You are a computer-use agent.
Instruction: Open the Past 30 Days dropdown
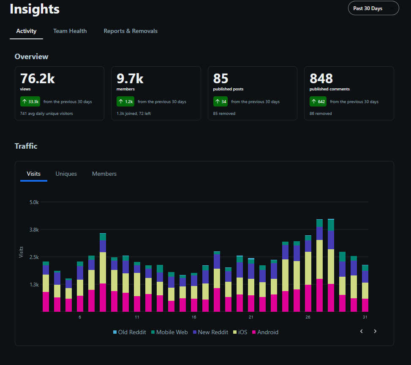(373, 8)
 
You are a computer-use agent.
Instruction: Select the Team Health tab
(70, 31)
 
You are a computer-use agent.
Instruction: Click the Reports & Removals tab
(131, 31)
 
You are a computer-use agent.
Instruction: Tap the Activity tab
(26, 31)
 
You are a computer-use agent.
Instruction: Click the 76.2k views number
(38, 79)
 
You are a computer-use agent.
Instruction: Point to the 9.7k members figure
(130, 79)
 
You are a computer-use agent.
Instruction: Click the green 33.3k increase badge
(30, 101)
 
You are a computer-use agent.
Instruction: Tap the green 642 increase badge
(319, 101)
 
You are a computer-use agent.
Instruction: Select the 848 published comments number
(321, 79)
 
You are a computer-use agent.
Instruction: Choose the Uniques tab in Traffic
(66, 174)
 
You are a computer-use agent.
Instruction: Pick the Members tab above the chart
(104, 174)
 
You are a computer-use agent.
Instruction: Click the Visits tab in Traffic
(34, 174)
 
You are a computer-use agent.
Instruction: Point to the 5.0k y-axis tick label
(34, 202)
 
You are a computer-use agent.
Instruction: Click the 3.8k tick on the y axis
(34, 229)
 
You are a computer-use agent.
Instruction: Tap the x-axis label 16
(194, 317)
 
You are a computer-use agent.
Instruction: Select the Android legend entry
(265, 332)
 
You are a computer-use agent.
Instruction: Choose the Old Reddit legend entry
(129, 332)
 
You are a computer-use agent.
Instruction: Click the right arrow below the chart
(375, 331)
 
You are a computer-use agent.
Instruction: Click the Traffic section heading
(26, 146)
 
